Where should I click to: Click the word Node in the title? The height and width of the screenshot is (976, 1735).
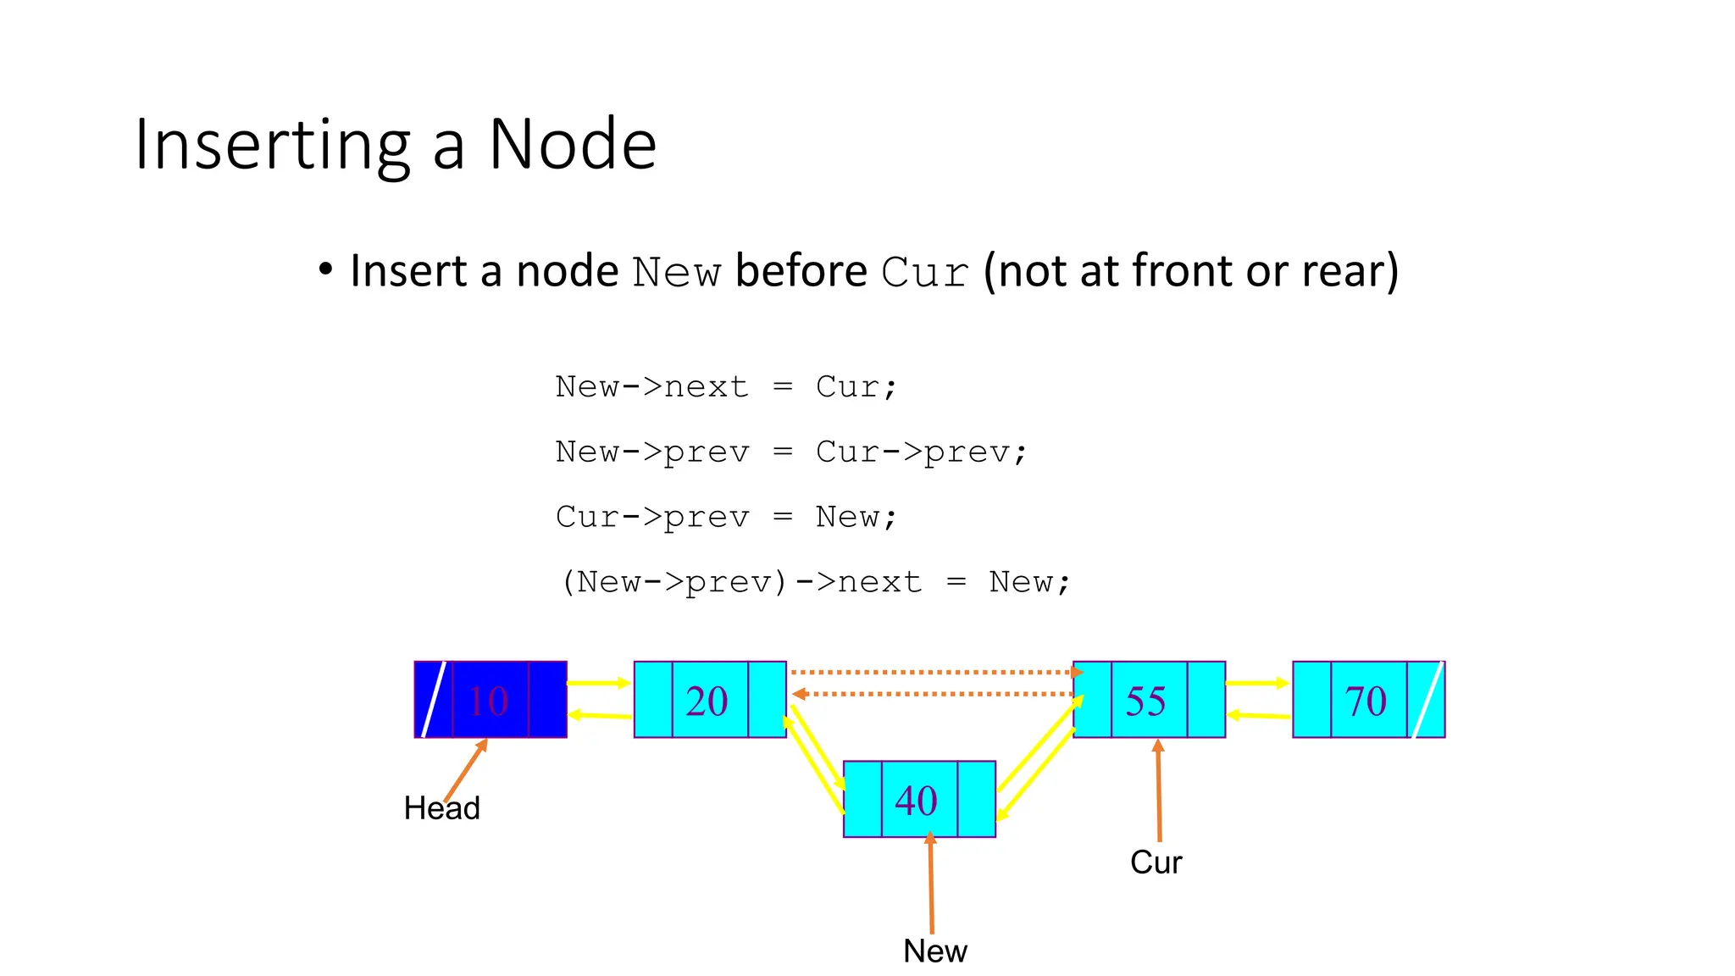click(572, 145)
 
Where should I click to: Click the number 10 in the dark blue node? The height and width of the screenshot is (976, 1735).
click(489, 701)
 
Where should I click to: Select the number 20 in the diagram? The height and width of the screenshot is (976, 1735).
click(707, 701)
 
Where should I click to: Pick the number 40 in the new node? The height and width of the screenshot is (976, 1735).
click(916, 801)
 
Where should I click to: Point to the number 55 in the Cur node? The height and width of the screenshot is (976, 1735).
click(1145, 701)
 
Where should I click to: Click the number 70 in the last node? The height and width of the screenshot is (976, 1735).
click(1365, 701)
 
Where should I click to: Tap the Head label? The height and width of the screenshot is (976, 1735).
click(441, 808)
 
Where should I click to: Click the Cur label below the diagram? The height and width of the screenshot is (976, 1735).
click(1156, 862)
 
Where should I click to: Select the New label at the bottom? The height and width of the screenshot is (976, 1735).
click(934, 951)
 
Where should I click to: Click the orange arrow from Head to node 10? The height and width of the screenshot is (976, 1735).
click(465, 770)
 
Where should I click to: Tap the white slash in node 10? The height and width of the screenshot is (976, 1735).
click(434, 700)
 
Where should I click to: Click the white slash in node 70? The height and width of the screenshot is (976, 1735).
click(1427, 700)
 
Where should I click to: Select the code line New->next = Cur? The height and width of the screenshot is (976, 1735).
click(725, 387)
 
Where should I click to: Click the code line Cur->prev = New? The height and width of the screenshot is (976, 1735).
click(725, 517)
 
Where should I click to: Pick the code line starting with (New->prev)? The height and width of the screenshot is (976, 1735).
click(816, 582)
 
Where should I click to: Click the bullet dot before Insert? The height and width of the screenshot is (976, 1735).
click(325, 270)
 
